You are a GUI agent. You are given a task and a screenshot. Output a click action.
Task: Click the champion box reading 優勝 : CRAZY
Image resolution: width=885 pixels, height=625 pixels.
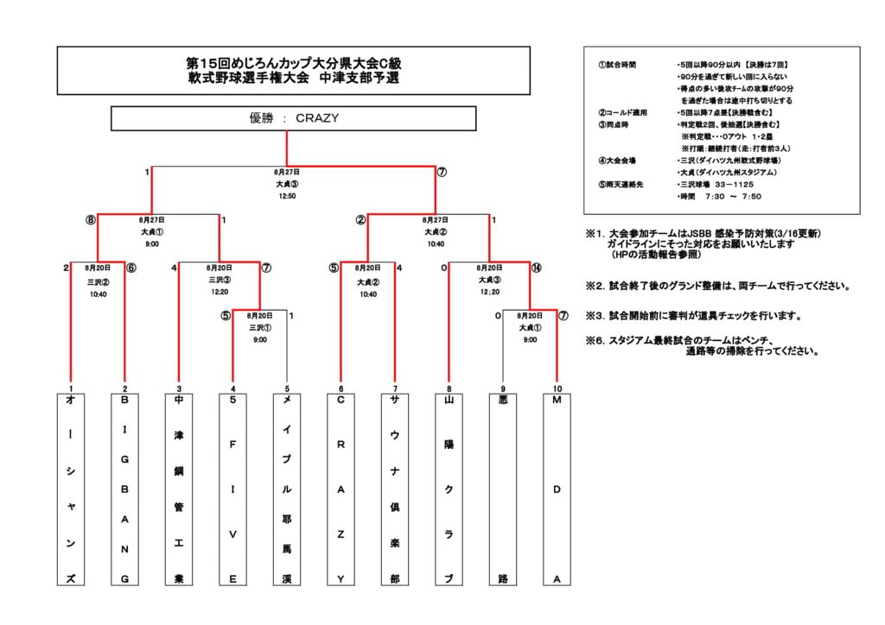293,118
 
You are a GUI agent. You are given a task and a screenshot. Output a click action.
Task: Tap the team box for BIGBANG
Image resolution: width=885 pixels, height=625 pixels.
124,489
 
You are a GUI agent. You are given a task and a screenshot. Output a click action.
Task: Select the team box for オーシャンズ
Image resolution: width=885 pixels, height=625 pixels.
71,489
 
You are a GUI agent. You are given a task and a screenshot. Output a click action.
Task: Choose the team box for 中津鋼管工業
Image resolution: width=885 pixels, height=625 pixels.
179,489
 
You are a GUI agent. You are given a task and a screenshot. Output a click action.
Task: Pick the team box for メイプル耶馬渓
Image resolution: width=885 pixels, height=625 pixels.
286,489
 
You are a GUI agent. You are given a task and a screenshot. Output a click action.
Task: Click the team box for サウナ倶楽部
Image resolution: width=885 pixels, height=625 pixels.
394,489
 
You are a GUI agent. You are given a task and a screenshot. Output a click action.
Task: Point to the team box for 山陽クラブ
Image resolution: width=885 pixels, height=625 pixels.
449,489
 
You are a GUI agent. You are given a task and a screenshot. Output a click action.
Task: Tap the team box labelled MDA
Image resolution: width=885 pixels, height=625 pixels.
557,489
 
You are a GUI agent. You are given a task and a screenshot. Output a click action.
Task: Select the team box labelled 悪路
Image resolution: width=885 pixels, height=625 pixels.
502,489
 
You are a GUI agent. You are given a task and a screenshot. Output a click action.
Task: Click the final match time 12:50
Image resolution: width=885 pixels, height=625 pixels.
287,196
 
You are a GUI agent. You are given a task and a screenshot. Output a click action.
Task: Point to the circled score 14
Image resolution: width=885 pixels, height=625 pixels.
537,268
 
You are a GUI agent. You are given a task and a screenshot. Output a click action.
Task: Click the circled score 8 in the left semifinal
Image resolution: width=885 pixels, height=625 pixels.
90,220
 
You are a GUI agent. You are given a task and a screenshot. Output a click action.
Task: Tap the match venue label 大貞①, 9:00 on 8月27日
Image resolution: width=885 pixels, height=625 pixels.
152,232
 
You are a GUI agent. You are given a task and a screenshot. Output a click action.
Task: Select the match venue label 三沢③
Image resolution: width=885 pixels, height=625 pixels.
219,280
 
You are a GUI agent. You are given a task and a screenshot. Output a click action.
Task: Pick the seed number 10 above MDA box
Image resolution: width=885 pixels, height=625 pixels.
557,388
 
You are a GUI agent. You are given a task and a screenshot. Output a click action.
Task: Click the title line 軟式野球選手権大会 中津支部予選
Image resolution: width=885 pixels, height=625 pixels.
294,78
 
